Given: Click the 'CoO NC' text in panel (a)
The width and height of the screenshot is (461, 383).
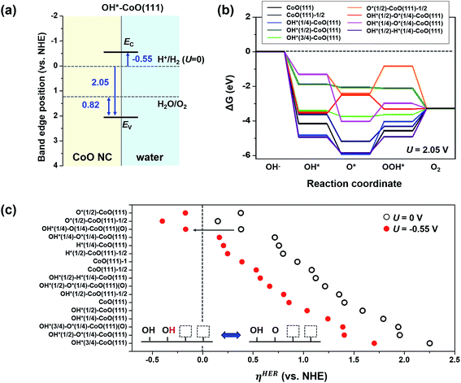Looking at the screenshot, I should point(82,153).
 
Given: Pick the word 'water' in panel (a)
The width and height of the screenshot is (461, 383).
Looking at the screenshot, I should point(146,153).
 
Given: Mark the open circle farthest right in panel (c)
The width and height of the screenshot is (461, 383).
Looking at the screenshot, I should point(430,343).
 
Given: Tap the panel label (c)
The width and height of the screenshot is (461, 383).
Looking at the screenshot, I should point(11,203).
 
